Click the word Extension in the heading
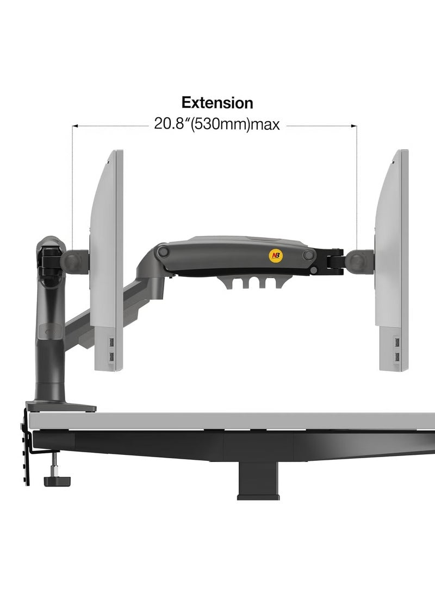217,103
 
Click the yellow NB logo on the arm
276,255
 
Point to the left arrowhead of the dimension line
75,126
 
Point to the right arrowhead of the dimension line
354,126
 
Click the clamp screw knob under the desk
58,481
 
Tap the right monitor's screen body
393,260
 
